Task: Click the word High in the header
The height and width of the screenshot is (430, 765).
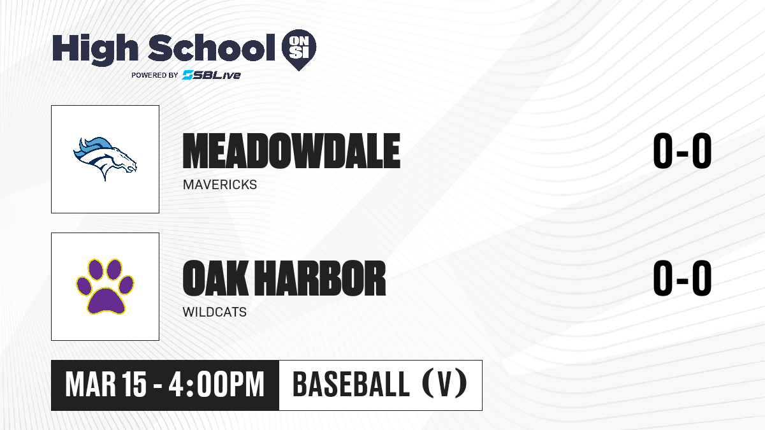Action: (95, 49)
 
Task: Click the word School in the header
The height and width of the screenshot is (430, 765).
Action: (212, 47)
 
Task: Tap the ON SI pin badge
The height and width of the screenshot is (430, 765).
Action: (299, 50)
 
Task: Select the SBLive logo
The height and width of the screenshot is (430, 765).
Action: (212, 75)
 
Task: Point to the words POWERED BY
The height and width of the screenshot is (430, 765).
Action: (155, 75)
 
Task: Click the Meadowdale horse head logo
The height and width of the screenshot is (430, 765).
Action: (105, 159)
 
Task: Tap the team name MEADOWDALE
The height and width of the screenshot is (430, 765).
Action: (291, 151)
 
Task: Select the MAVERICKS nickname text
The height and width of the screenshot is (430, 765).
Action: (220, 185)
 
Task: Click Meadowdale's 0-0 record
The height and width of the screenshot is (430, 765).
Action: (682, 150)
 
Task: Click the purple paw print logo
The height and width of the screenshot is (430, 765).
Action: (105, 286)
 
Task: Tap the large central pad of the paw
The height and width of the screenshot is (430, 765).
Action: (106, 301)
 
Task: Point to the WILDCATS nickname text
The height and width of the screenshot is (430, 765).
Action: (214, 312)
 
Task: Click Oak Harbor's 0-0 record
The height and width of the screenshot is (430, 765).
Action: (682, 278)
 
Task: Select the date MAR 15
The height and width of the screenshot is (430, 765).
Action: (106, 385)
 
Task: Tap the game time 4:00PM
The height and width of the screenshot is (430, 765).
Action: (217, 385)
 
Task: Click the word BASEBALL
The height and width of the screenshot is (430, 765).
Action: (351, 385)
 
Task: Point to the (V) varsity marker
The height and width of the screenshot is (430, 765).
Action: (445, 383)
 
